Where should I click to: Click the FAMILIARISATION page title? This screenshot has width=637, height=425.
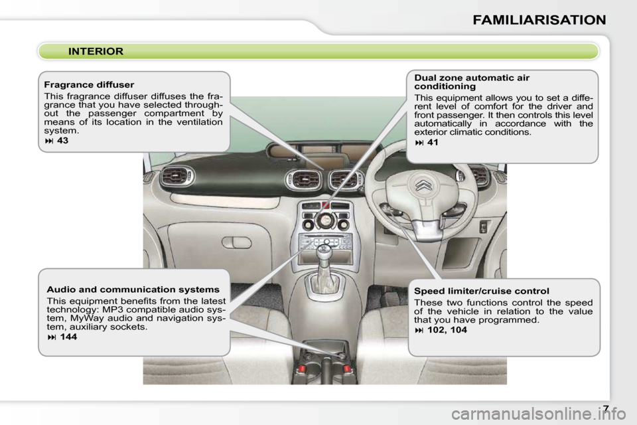click(x=539, y=20)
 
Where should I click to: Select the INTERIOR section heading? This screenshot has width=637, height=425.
click(x=96, y=51)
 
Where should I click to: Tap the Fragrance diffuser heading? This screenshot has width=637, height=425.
click(x=89, y=85)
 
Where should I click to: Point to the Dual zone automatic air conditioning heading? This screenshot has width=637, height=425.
click(x=472, y=82)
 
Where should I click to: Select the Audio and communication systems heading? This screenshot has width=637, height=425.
click(x=133, y=290)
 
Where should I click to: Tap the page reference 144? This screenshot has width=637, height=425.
click(x=67, y=337)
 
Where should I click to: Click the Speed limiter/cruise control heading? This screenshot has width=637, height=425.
click(x=481, y=291)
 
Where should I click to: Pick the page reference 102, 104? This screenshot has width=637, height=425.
click(x=447, y=329)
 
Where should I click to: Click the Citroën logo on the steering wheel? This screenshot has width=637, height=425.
click(x=423, y=185)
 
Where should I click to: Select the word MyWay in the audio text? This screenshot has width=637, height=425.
click(x=84, y=318)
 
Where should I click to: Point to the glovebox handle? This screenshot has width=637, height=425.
click(x=236, y=242)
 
